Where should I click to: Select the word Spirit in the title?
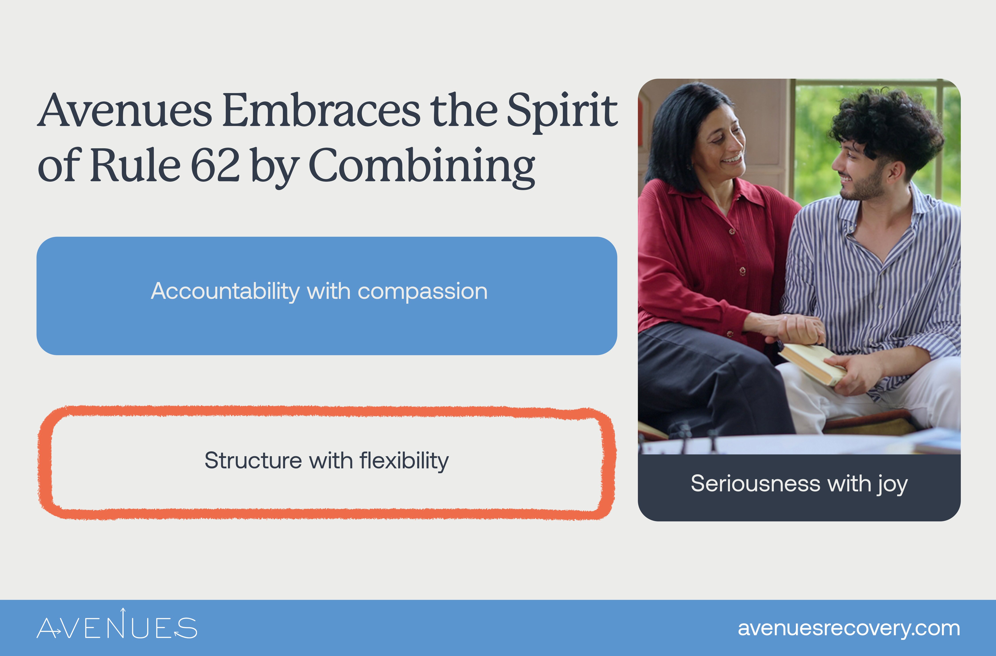click(x=562, y=111)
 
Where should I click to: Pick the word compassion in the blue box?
click(x=423, y=292)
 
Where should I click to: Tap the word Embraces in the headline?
click(x=321, y=111)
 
